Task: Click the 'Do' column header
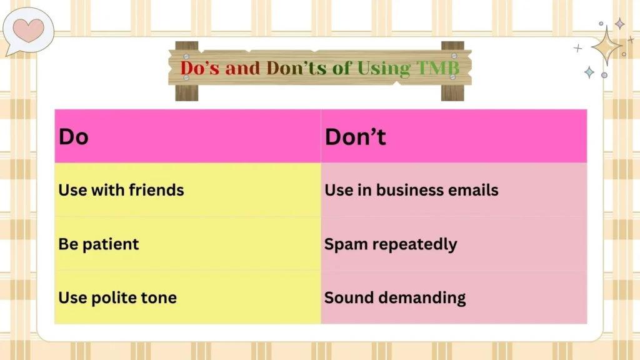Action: coord(187,136)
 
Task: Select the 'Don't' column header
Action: coord(454,136)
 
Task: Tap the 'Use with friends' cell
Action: coord(187,190)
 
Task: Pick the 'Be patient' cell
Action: coord(187,244)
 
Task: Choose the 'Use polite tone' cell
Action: coord(187,297)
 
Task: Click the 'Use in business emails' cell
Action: coord(454,190)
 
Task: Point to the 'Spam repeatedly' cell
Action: coord(454,244)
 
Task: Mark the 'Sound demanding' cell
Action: coord(454,297)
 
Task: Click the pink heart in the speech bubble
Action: coord(29,29)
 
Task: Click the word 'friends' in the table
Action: coord(156,190)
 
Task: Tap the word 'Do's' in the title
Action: coord(200,68)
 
